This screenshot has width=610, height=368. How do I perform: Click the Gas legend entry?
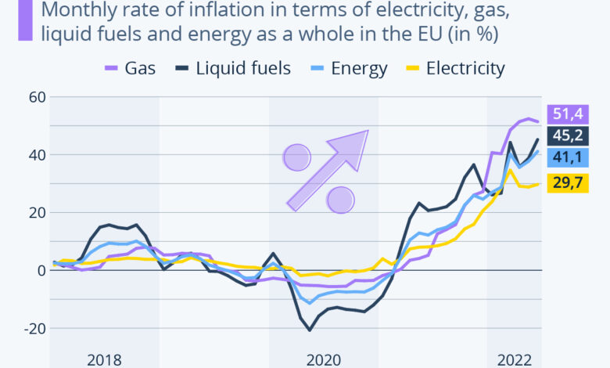tap(131, 68)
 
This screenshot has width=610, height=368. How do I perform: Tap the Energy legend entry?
tap(350, 68)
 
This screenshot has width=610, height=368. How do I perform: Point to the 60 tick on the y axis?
tap(38, 97)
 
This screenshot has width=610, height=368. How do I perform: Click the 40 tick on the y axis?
tap(38, 155)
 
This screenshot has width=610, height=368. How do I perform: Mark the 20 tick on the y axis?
tap(38, 212)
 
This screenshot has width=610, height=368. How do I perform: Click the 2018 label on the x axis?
tap(104, 359)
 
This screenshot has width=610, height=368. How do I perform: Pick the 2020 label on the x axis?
tap(323, 359)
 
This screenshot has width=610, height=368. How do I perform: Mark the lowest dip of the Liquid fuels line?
tap(310, 330)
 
